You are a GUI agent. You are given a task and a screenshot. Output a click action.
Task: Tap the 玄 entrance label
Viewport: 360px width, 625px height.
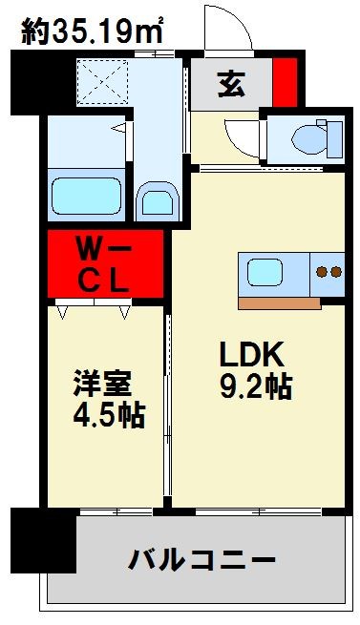pos(230,85)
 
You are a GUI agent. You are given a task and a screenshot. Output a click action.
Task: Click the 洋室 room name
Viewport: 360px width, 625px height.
pos(103,385)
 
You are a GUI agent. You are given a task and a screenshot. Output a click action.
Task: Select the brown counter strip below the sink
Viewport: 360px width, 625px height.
pos(279,303)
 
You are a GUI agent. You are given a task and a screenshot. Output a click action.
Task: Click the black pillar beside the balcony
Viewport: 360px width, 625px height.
pos(44,540)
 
